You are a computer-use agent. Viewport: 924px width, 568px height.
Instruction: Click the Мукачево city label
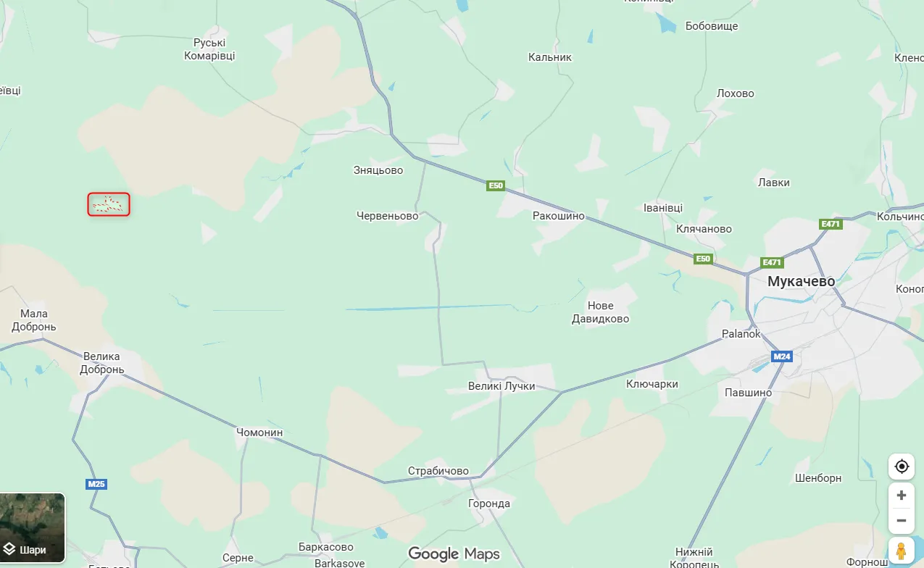click(x=801, y=281)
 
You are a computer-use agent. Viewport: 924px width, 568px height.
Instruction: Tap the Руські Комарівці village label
click(x=209, y=49)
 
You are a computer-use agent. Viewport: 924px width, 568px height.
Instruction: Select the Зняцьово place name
click(x=378, y=170)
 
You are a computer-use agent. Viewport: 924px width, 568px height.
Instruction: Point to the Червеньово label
click(x=388, y=216)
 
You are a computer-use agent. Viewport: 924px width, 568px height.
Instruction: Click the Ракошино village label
click(x=558, y=216)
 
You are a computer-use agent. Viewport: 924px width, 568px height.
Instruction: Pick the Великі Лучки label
click(x=501, y=386)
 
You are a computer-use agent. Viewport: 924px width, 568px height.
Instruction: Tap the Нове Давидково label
click(x=599, y=312)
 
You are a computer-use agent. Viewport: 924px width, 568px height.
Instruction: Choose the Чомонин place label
click(x=259, y=433)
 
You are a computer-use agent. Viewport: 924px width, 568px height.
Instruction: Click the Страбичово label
click(x=438, y=471)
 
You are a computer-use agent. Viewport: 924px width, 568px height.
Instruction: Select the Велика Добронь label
click(x=101, y=363)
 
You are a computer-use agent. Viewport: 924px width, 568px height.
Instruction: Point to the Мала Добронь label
click(x=33, y=320)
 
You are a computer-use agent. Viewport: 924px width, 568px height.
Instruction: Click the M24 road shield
click(x=781, y=356)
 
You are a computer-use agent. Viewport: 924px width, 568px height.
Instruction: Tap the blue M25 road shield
click(x=96, y=484)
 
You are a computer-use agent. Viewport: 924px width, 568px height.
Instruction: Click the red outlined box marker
click(x=109, y=204)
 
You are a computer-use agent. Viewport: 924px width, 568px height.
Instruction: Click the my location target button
click(x=902, y=466)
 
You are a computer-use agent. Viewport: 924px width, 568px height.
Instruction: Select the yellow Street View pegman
click(x=902, y=551)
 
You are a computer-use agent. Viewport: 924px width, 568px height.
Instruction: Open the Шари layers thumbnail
click(x=33, y=528)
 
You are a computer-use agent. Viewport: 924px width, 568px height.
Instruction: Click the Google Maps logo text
click(x=454, y=554)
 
